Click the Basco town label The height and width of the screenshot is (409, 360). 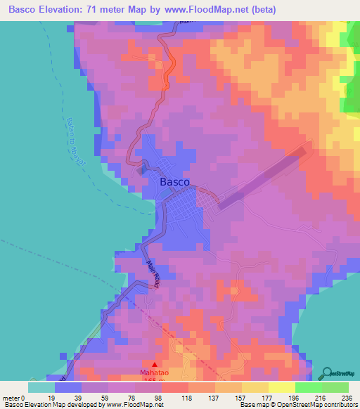tap(174, 181)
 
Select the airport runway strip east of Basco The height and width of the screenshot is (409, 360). tap(263, 177)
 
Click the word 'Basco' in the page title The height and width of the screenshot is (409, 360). tap(24, 10)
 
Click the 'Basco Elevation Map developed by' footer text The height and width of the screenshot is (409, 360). tap(52, 405)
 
